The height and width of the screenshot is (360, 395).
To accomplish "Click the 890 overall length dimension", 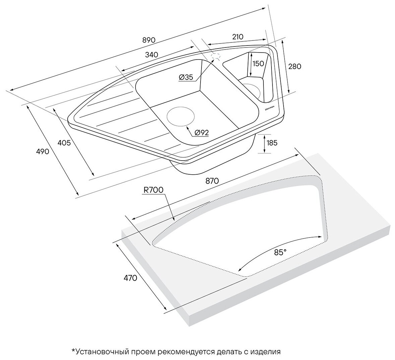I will tap(149, 40).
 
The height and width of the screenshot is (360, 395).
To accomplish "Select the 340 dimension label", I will tap(152, 55).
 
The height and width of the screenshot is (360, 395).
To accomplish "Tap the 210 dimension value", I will tap(237, 36).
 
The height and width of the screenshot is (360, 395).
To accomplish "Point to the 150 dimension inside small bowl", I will tap(258, 64).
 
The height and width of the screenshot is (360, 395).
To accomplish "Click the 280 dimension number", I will tap(294, 66).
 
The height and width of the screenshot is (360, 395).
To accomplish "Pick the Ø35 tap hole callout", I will tap(186, 77).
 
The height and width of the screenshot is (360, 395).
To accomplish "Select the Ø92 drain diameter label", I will tap(201, 133).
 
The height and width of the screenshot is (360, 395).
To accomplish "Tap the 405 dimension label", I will tap(64, 143).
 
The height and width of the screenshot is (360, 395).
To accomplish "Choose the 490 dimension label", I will tap(43, 151).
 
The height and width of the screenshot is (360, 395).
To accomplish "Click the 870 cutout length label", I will tap(212, 181).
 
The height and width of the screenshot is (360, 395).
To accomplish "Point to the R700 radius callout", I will tap(153, 190).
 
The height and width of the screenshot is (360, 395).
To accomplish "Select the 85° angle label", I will tap(280, 253).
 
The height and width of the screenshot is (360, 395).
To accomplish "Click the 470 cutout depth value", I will tap(130, 278).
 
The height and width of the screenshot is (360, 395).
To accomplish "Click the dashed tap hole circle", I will tap(216, 57).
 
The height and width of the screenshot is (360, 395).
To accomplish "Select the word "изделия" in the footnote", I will tap(266, 352).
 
